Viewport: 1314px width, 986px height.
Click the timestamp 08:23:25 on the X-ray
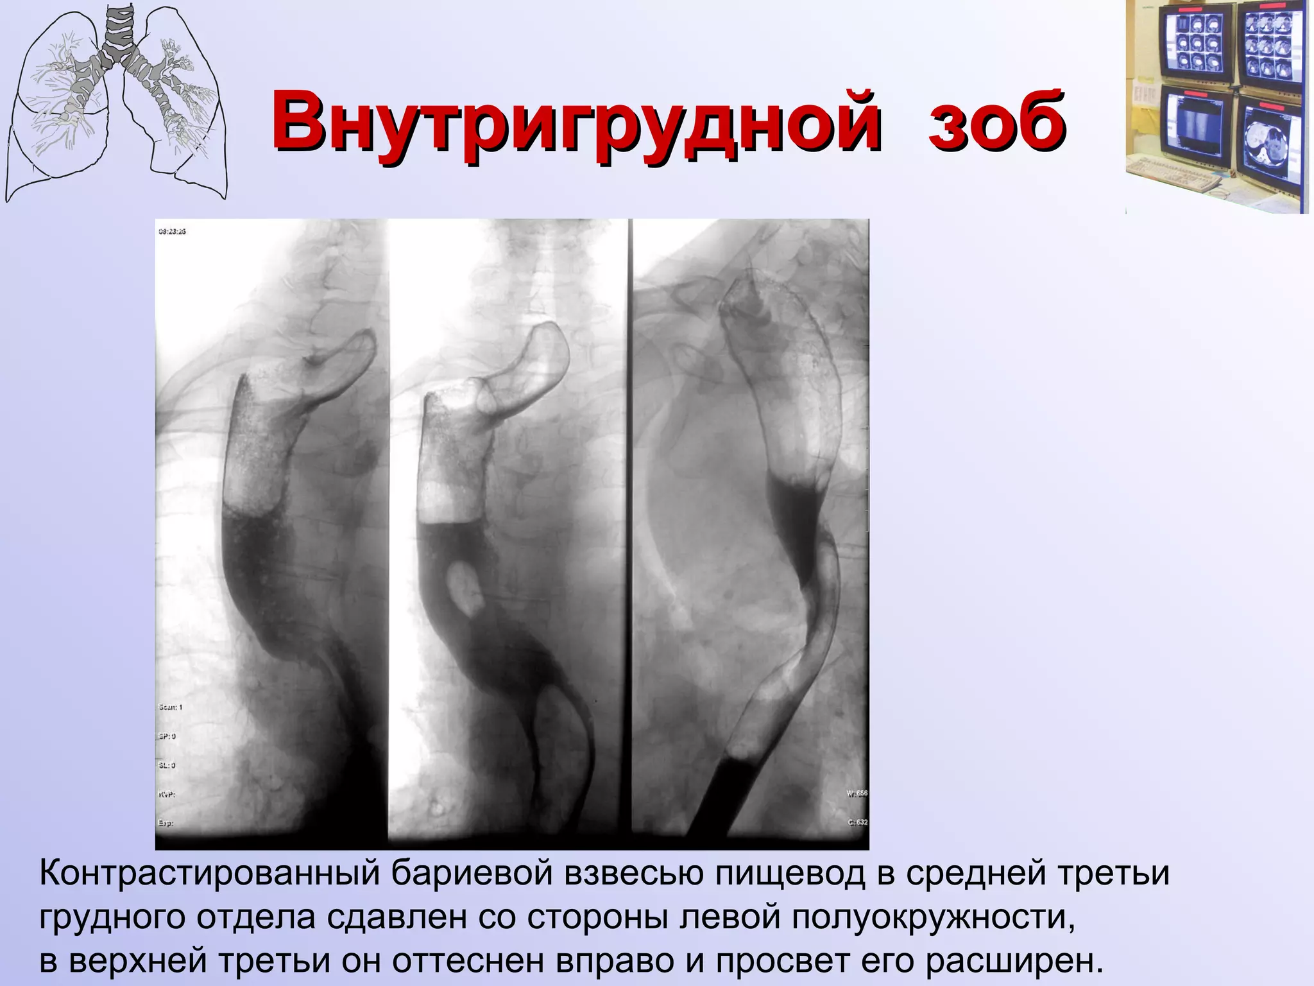[172, 231]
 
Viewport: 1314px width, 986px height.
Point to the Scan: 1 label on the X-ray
[171, 707]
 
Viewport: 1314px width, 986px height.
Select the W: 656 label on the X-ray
[857, 793]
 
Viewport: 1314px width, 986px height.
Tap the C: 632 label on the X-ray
[857, 822]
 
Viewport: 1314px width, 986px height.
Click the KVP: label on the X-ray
[167, 794]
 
